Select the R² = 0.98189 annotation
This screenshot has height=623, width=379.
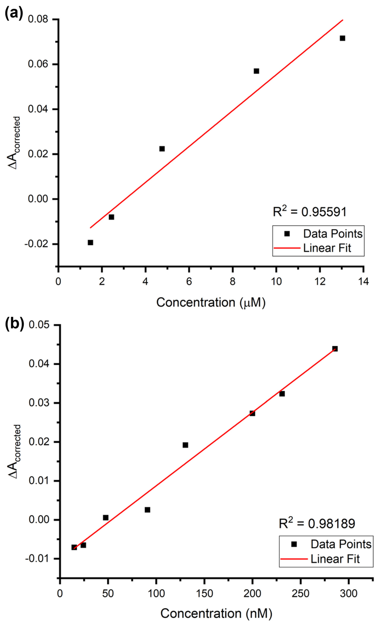pyautogui.click(x=317, y=523)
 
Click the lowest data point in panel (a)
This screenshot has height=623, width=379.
pyautogui.click(x=90, y=243)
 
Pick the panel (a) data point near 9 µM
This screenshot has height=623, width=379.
pyautogui.click(x=256, y=71)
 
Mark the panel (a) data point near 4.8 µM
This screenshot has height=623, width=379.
pyautogui.click(x=162, y=149)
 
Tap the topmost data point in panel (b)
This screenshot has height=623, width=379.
pyautogui.click(x=335, y=349)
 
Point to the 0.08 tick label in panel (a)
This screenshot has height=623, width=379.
pyautogui.click(x=38, y=19)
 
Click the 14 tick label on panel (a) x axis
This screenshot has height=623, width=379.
pyautogui.click(x=364, y=281)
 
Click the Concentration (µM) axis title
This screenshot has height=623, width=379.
pyautogui.click(x=211, y=302)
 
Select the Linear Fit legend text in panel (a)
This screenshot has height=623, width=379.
pyautogui.click(x=327, y=248)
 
